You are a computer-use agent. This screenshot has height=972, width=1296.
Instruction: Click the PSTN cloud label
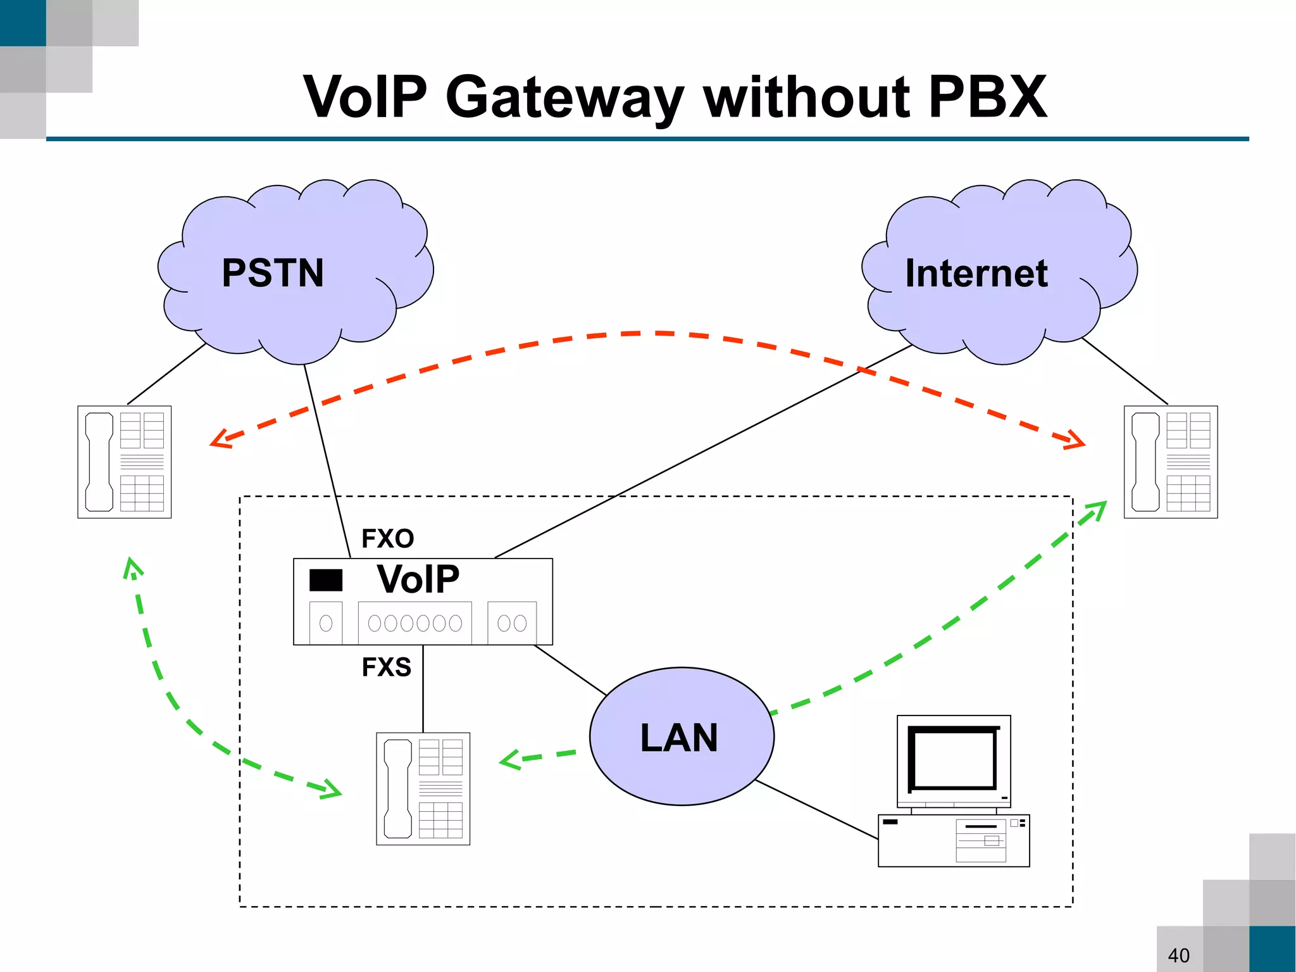coord(273,273)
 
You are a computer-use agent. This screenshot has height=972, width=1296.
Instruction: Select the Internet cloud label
coord(976,273)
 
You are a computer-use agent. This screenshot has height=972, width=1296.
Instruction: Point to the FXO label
coord(387,539)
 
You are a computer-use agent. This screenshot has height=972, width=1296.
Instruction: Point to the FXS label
coord(386,667)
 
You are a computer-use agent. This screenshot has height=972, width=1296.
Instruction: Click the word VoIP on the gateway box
coord(418,579)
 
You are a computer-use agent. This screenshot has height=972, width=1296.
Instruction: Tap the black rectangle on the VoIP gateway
coord(325,580)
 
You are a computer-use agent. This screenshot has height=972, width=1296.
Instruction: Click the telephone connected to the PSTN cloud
coord(125,462)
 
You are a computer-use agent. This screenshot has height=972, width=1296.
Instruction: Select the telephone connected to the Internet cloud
coord(1170,462)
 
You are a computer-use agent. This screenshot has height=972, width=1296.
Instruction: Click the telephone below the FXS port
coord(423,788)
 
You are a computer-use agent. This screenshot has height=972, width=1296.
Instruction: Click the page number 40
coord(1178,955)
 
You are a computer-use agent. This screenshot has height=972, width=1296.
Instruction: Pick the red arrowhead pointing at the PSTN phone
coord(220,439)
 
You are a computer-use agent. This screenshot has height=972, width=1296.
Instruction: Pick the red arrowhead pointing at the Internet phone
coord(1075,441)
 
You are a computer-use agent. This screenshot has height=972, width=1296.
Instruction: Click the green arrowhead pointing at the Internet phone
coord(1096,511)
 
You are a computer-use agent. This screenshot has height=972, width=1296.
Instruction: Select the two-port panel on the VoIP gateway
coord(512,623)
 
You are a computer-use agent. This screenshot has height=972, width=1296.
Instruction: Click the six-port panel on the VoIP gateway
coord(414,623)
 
